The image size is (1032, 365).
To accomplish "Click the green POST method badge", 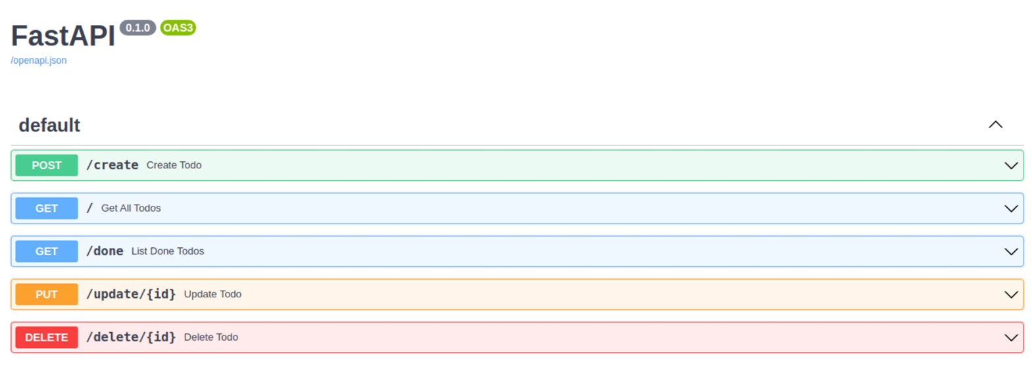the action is point(47,165).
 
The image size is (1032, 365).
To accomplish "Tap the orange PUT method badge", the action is point(47,294).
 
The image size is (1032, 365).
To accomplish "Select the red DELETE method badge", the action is point(47,337).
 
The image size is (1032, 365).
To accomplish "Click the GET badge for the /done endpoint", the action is point(47,251).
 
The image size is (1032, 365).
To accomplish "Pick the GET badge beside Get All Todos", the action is point(47,208).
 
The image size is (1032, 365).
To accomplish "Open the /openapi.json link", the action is point(39,61).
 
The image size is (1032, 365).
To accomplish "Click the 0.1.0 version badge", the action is point(137,28).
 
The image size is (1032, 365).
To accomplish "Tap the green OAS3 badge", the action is point(178,28).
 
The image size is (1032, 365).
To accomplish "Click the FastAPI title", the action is point(63,36).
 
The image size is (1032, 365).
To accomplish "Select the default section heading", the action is point(49,126).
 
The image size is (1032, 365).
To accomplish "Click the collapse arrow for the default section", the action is point(996,124).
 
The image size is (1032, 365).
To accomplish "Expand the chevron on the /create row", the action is point(1011,166).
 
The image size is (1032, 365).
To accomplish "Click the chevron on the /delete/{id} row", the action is point(1011,338).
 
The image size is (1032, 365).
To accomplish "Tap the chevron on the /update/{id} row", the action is point(1011,295).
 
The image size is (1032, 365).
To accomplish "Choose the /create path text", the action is point(112,165).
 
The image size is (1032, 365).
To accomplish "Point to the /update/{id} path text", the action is point(132,294).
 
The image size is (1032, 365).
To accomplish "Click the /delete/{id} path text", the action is point(132,337).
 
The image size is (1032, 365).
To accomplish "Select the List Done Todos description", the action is point(168,251).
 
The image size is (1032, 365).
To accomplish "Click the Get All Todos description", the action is point(131,208).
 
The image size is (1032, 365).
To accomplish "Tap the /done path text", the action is point(105,251).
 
